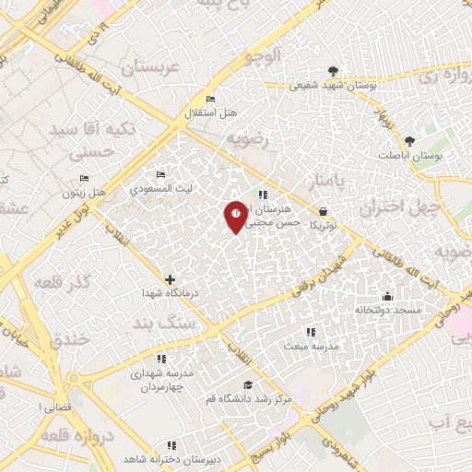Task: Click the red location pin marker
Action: [236, 215]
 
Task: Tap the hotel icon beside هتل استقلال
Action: [211, 100]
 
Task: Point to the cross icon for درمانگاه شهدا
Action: [170, 278]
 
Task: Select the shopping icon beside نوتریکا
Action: [323, 211]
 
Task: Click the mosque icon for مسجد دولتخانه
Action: [387, 296]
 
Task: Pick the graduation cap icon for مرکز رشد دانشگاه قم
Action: [247, 384]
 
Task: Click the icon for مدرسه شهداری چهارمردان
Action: [161, 359]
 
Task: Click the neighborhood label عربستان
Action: [141, 68]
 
